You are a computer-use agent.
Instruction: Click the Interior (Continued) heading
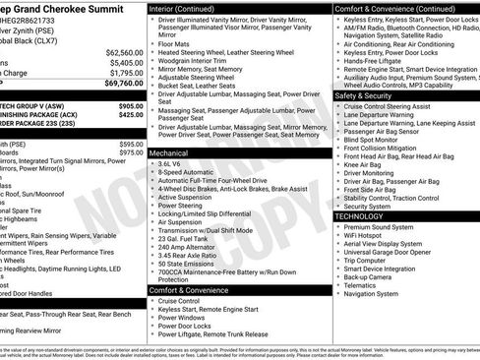point(184,7)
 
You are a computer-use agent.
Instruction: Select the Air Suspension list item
point(181,221)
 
